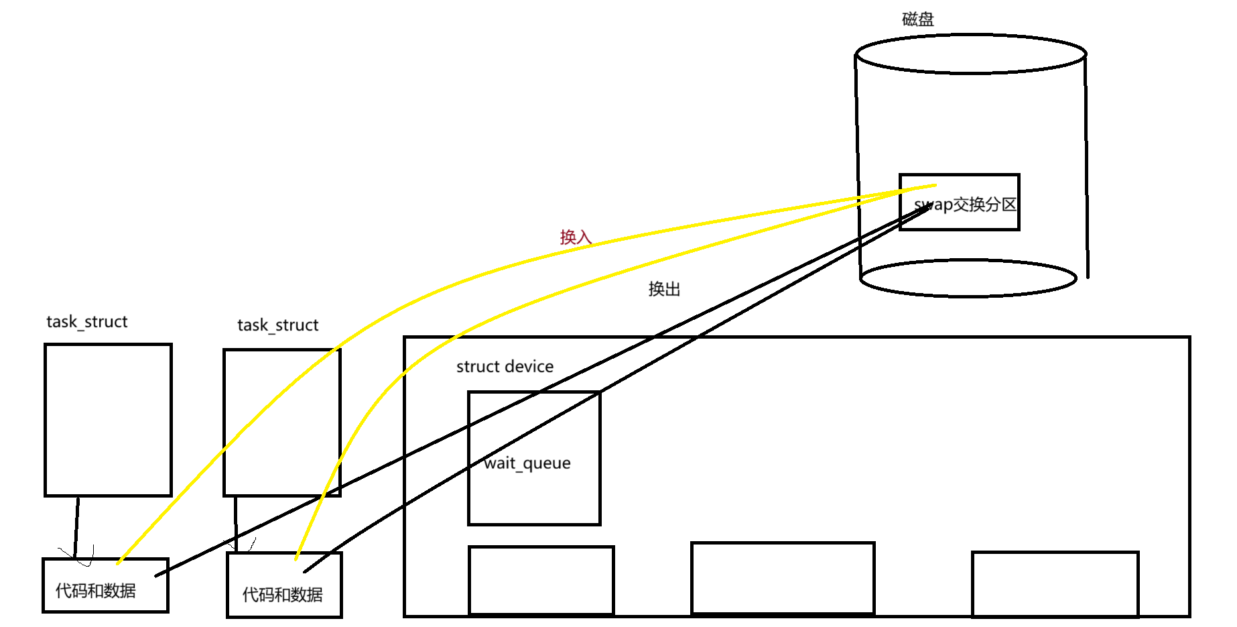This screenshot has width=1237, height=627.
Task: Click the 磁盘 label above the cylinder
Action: [x=917, y=19]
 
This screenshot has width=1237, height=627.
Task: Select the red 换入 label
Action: [x=576, y=237]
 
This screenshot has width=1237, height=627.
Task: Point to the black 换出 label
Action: [x=664, y=289]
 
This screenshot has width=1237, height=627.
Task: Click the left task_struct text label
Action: [x=86, y=322]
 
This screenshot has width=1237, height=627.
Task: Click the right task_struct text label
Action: [x=277, y=325]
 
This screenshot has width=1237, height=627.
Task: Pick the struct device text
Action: [x=505, y=367]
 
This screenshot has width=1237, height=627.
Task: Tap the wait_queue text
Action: [x=527, y=463]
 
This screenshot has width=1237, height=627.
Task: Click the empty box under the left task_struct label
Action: [x=108, y=420]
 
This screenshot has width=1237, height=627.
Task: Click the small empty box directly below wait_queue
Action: [x=541, y=580]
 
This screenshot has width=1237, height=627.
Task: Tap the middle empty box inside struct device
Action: [x=783, y=577]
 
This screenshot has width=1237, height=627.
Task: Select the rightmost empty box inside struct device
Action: [x=1055, y=583]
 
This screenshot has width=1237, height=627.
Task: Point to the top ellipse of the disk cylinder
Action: [x=970, y=54]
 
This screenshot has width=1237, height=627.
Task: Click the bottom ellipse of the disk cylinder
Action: [x=968, y=278]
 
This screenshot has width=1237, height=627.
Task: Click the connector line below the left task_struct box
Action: [x=77, y=526]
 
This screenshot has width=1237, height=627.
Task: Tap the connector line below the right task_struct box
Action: [x=236, y=523]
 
